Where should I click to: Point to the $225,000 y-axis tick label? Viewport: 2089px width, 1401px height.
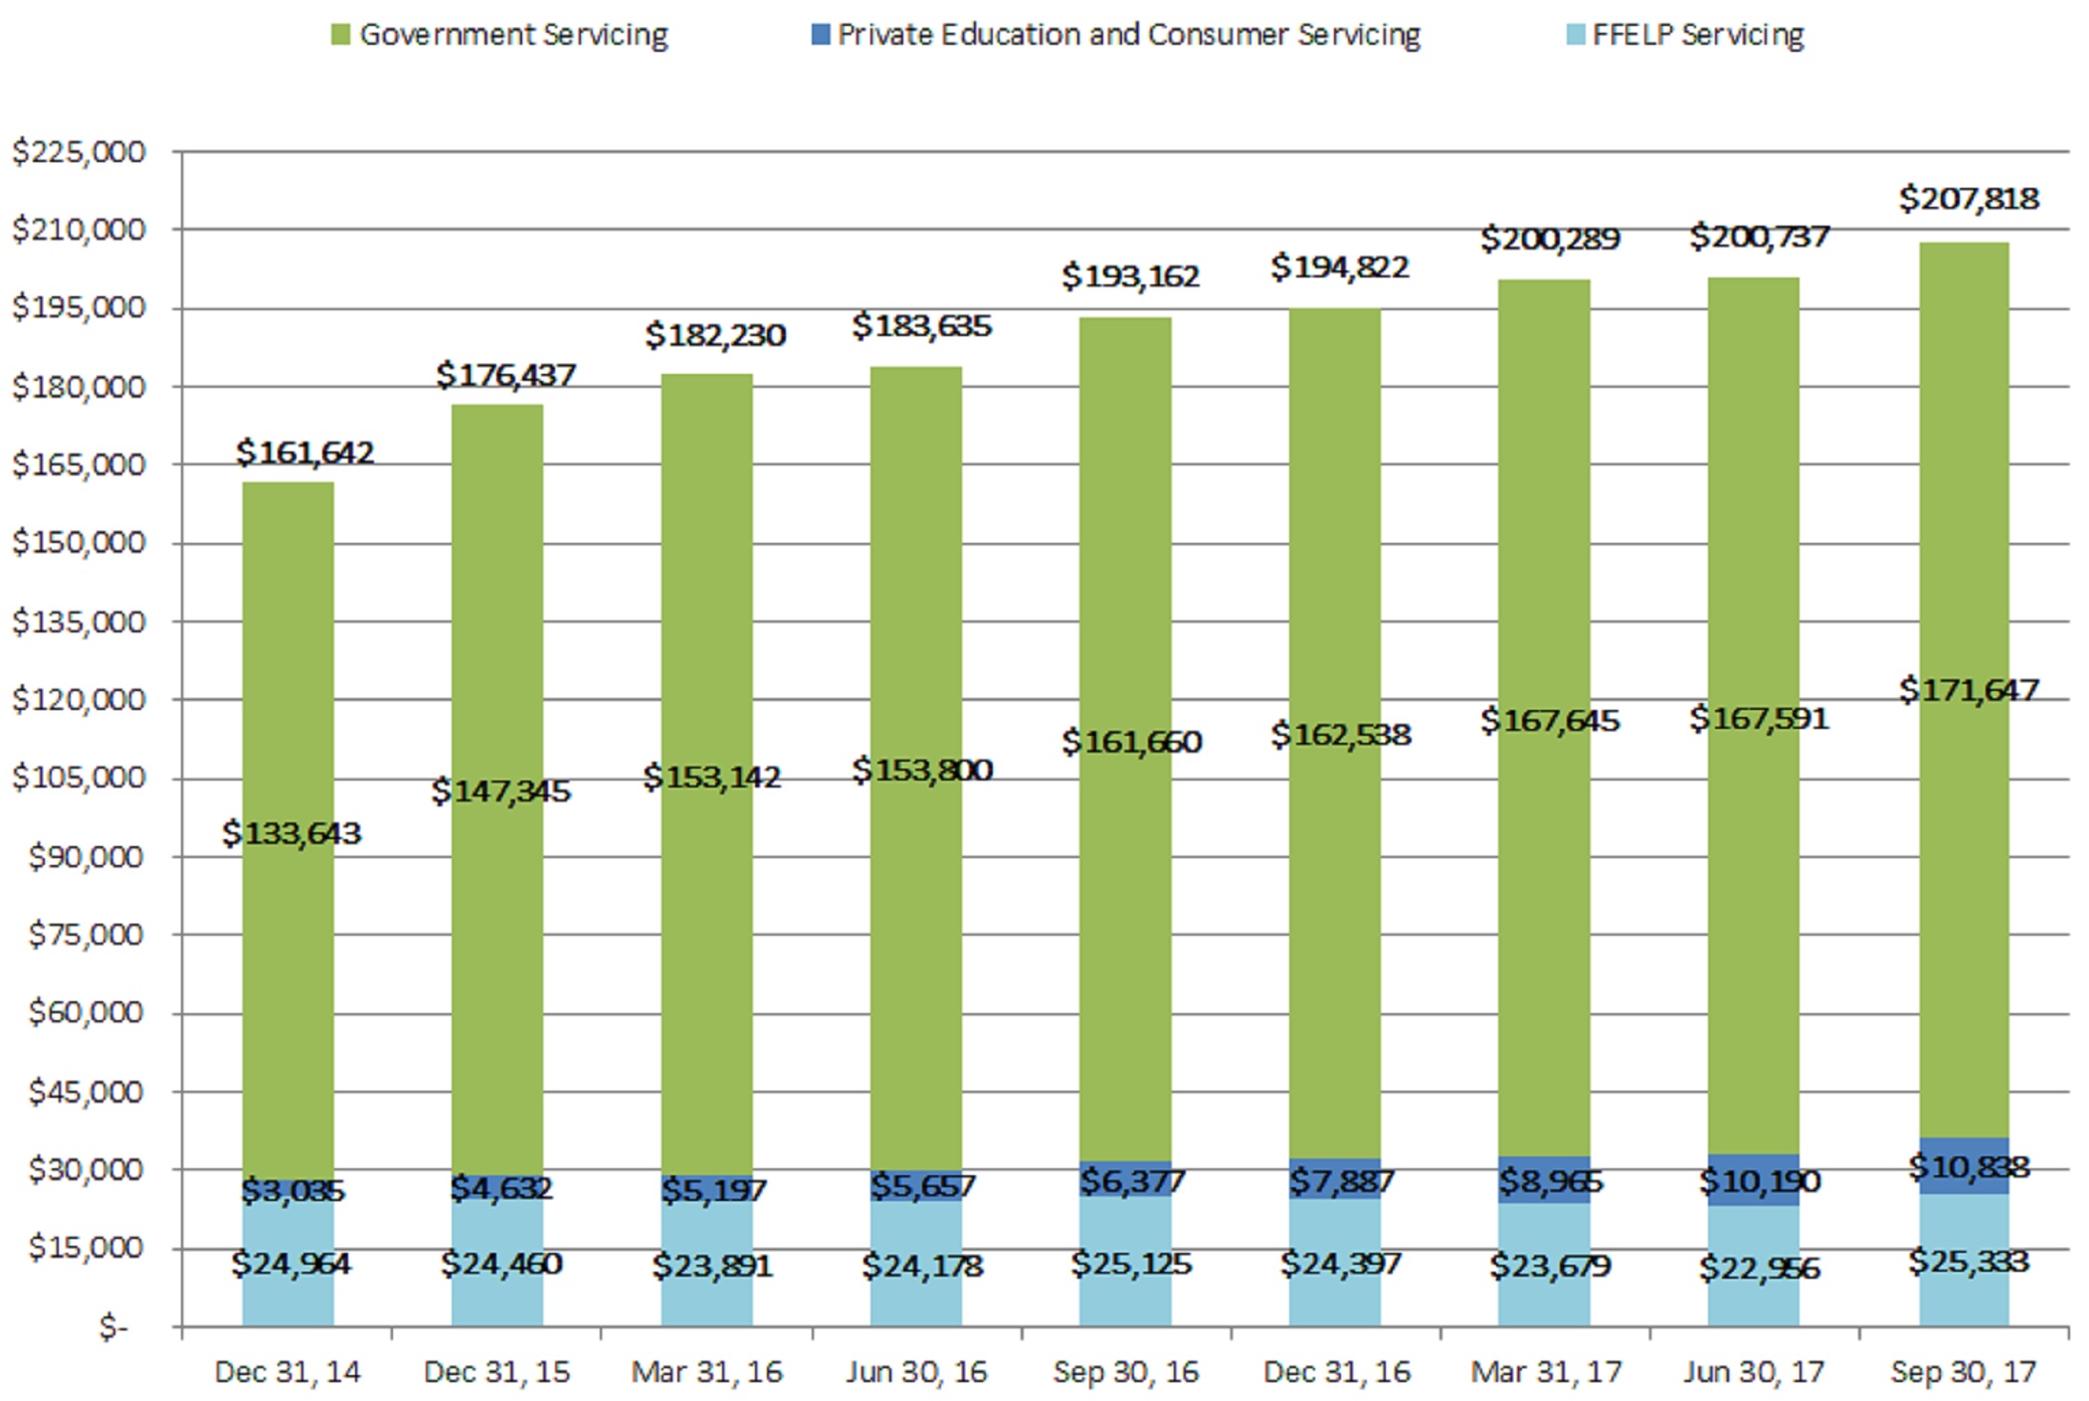[x=79, y=152]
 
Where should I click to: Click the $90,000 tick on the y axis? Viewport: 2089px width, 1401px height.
[x=86, y=856]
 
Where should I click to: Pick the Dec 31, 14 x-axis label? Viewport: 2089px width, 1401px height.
[x=287, y=1372]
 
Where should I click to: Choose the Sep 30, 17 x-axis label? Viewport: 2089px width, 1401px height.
[x=1963, y=1372]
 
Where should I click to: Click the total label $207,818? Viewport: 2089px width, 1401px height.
[x=1969, y=199]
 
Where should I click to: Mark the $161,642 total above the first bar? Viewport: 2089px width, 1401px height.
[x=304, y=453]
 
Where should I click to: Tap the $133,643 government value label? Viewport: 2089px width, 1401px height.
[x=291, y=833]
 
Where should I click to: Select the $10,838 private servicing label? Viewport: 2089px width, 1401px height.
[x=1969, y=1166]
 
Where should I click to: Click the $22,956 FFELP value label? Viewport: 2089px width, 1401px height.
[x=1759, y=1269]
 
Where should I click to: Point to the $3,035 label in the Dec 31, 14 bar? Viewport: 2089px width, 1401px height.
[x=292, y=1190]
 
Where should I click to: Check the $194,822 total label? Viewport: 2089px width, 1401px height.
[x=1340, y=267]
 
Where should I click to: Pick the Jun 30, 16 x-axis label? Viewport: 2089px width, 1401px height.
[x=916, y=1372]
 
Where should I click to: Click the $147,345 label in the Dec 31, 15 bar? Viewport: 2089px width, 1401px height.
[x=501, y=791]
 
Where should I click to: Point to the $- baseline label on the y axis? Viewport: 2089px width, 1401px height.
[x=113, y=1327]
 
